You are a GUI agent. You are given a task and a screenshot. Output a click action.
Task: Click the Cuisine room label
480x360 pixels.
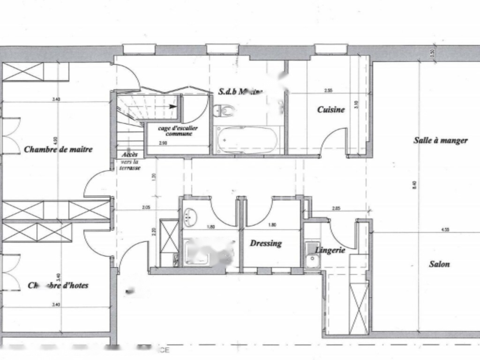click(x=331, y=110)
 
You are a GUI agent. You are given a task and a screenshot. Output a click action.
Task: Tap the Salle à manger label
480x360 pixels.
click(x=440, y=140)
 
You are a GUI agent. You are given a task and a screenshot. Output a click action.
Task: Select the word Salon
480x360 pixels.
click(x=439, y=264)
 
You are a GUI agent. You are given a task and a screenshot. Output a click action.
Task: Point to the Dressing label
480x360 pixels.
click(x=266, y=243)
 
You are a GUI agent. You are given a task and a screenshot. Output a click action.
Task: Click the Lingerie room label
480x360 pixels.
click(x=330, y=250)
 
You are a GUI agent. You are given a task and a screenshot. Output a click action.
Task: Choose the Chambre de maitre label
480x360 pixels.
click(x=58, y=150)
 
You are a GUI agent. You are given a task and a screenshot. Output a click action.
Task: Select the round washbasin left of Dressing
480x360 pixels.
click(x=190, y=216)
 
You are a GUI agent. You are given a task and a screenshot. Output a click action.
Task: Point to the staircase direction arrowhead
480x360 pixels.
click(x=173, y=106)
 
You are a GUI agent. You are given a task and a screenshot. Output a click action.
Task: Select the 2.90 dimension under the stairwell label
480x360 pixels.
click(x=163, y=142)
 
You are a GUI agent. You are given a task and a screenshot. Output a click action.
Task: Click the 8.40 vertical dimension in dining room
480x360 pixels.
click(x=414, y=185)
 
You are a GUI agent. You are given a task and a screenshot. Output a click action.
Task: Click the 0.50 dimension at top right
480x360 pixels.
click(x=432, y=53)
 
